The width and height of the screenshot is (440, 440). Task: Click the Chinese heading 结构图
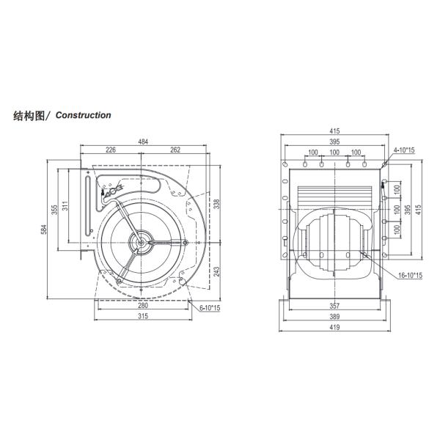[30, 115]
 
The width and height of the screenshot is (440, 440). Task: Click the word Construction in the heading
[83, 115]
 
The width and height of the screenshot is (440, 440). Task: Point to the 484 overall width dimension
[143, 141]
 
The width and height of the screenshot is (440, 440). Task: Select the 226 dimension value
[111, 150]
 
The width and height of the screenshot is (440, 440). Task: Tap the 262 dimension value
[176, 150]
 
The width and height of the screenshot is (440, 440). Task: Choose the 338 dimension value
[216, 203]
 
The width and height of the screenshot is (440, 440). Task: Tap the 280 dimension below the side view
[142, 306]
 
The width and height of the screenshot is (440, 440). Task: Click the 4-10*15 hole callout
[403, 150]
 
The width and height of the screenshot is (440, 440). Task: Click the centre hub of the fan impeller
[139, 240]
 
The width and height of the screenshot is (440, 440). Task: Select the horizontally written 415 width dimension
[334, 131]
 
